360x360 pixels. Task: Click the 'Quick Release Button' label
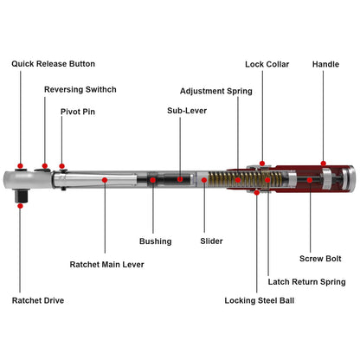(x=53, y=64)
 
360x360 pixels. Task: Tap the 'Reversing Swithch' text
(x=80, y=89)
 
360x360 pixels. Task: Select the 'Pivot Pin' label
(x=78, y=112)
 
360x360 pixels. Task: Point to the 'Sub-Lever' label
(x=187, y=111)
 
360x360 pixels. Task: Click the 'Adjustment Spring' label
(x=216, y=91)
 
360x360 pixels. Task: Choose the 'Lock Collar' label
(x=267, y=64)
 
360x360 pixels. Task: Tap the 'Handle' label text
(x=325, y=64)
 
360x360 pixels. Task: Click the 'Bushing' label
(x=156, y=241)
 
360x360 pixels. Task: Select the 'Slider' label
(x=211, y=241)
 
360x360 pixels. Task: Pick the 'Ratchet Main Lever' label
(x=106, y=264)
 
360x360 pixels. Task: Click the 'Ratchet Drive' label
(x=38, y=300)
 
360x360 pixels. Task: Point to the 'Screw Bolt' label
(x=320, y=259)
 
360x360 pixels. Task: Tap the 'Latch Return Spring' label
(x=306, y=282)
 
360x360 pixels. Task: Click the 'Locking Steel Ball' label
(x=260, y=300)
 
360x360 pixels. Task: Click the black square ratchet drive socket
(x=21, y=196)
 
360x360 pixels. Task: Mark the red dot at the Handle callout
(x=324, y=164)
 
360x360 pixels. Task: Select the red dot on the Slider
(x=204, y=180)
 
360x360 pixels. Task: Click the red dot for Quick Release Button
(x=20, y=166)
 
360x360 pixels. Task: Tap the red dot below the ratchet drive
(x=20, y=206)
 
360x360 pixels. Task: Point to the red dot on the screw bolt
(x=310, y=180)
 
